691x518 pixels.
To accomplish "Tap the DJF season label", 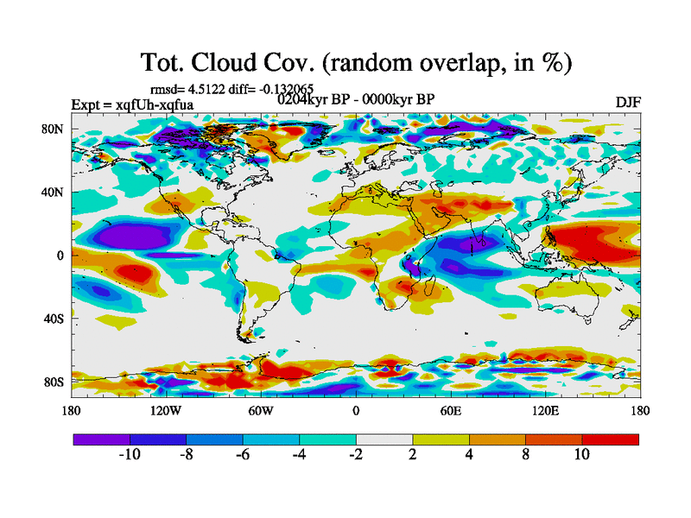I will pyautogui.click(x=629, y=103).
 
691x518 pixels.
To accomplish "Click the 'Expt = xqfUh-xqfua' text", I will pyautogui.click(x=132, y=105).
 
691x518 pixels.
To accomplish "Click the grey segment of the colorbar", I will pyautogui.click(x=384, y=439).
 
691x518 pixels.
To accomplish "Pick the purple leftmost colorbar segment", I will pyautogui.click(x=101, y=439).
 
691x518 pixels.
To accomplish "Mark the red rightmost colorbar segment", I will pyautogui.click(x=610, y=439).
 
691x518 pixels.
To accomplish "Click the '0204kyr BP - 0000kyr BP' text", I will pyautogui.click(x=356, y=98).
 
